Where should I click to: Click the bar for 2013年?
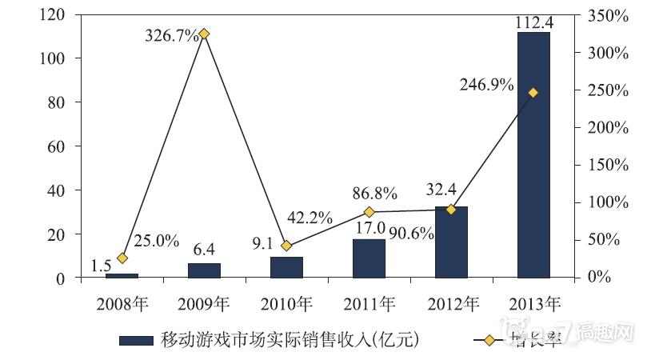533,155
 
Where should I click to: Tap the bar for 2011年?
369,258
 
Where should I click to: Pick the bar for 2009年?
204,270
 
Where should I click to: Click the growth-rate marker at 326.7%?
204,34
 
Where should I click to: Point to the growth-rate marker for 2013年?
533,93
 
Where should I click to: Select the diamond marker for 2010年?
286,246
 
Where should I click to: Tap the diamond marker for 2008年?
122,258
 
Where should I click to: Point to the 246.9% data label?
486,84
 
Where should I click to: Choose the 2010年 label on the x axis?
286,303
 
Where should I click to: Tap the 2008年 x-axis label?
122,303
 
